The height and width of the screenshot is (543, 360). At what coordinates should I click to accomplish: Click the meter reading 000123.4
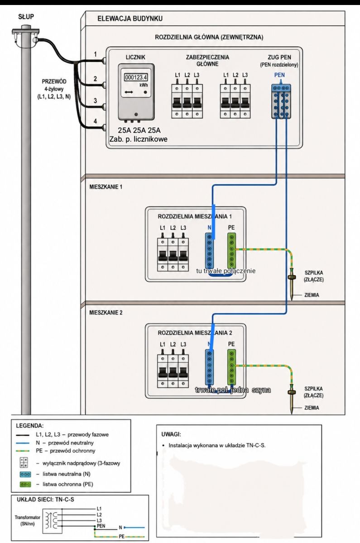pos(136,77)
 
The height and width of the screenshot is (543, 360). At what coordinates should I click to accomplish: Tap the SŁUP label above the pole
pos(26,17)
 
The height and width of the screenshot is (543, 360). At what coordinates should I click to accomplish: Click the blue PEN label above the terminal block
pos(279,75)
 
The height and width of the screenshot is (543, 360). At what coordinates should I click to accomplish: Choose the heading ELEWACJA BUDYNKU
pos(130,19)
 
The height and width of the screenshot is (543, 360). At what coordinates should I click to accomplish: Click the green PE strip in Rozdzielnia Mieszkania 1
pos(232,251)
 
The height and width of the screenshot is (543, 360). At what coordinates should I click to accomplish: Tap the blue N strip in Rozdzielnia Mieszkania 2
pos(209,367)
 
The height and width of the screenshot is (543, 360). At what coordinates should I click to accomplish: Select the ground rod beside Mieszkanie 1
pos(291,284)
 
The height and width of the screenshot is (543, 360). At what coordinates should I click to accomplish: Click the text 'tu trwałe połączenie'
pos(226,271)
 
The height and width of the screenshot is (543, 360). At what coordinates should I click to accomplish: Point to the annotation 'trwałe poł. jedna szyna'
pos(233,390)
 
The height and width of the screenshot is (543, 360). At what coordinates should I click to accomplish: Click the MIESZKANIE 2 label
pos(106,313)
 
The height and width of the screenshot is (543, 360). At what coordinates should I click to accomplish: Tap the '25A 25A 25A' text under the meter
pos(139,130)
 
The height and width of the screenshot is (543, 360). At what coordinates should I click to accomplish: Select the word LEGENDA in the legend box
pos(29,426)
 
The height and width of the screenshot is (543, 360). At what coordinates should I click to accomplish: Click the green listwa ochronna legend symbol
pos(25,484)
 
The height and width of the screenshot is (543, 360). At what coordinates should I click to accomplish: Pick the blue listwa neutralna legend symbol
pos(25,474)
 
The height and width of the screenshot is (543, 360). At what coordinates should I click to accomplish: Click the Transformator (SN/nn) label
pos(28,520)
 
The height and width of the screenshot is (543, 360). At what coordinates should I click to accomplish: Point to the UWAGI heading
pos(171,434)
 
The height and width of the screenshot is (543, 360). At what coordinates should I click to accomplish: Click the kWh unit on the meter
pos(144,85)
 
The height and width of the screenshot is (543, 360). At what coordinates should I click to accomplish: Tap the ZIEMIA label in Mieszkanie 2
pos(312,408)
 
